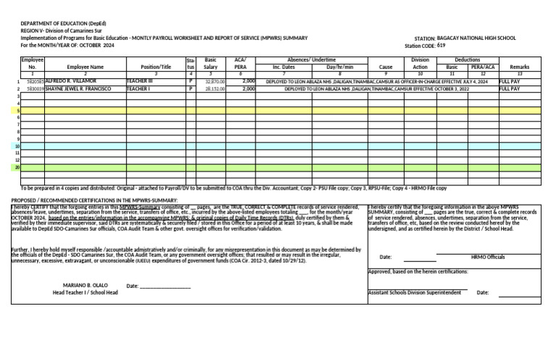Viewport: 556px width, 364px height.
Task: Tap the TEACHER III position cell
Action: click(x=139, y=82)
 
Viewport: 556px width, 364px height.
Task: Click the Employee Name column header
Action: click(x=85, y=66)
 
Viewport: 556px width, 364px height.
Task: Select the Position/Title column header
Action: click(x=156, y=66)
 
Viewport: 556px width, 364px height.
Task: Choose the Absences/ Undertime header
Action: click(x=311, y=59)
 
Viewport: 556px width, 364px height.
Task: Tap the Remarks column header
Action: click(x=519, y=66)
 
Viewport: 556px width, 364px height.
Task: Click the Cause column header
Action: click(x=385, y=66)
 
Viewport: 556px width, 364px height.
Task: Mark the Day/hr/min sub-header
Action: click(x=340, y=66)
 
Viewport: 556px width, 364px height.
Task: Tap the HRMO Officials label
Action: click(x=488, y=257)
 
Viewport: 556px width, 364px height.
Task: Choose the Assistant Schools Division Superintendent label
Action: click(x=414, y=292)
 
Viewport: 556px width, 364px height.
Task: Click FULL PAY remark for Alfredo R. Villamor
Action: click(x=510, y=82)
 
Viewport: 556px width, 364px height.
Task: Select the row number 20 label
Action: click(x=16, y=167)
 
